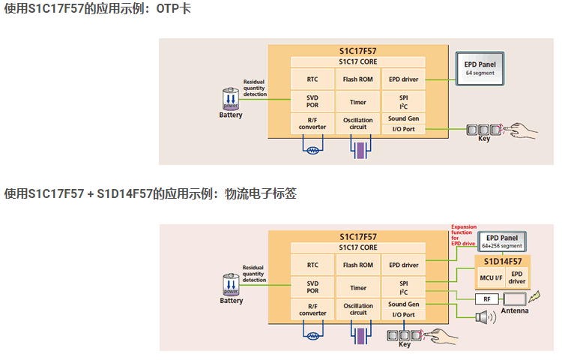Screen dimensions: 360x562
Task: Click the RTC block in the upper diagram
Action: click(312, 79)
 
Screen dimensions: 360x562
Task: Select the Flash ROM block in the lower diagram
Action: click(357, 265)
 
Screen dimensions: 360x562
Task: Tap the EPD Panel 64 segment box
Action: click(480, 69)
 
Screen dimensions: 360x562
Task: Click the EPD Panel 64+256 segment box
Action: click(501, 241)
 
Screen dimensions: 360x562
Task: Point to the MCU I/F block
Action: click(491, 277)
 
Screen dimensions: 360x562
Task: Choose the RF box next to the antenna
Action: click(486, 298)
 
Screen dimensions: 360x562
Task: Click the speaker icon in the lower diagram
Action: click(482, 317)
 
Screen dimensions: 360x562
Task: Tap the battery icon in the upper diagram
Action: click(231, 100)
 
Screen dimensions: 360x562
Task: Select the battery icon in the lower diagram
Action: click(231, 285)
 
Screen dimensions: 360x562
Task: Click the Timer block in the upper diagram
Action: click(357, 102)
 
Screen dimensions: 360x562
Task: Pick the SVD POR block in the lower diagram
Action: click(312, 287)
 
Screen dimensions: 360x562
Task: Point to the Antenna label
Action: click(515, 310)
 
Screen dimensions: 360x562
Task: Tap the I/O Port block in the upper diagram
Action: click(403, 129)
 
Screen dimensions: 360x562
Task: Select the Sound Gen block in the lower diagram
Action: click(403, 304)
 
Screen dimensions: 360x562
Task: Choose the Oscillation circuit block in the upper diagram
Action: click(357, 124)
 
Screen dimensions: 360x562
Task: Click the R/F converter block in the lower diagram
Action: click(312, 309)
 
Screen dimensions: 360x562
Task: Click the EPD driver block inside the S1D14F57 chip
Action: click(517, 277)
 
